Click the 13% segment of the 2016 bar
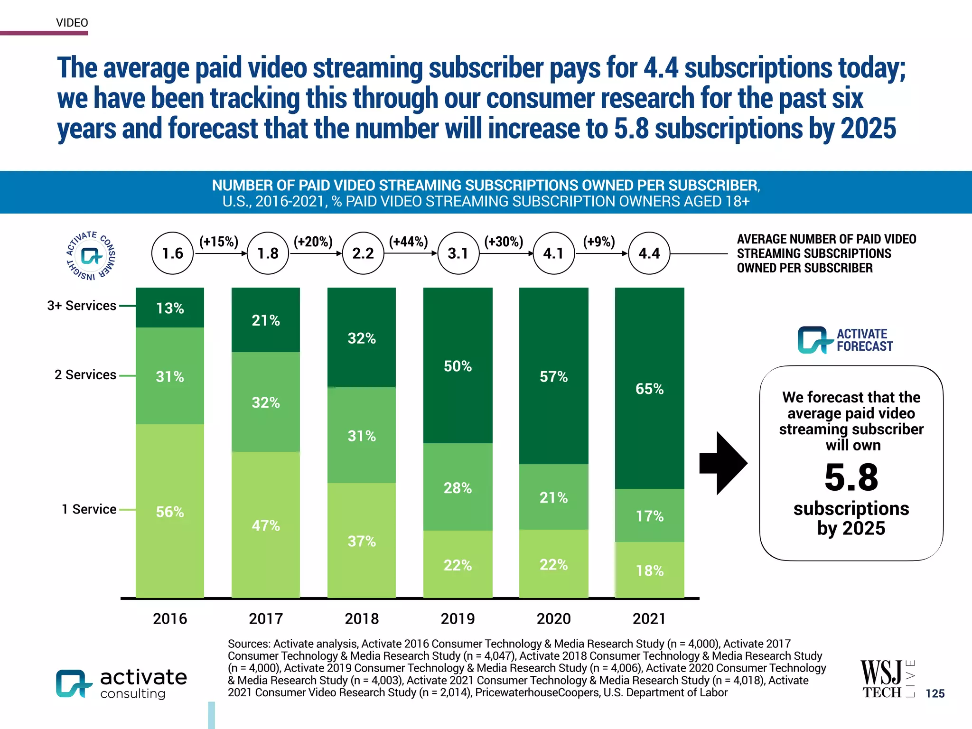(x=170, y=308)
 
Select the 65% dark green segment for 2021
(x=649, y=388)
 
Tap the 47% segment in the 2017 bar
(x=266, y=525)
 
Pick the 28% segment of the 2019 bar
(x=458, y=487)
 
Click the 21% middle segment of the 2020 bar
(x=553, y=497)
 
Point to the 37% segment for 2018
(x=362, y=541)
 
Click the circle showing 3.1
(x=458, y=253)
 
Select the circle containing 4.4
(x=649, y=253)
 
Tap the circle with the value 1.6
(x=172, y=253)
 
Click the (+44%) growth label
(x=408, y=242)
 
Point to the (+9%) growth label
(x=599, y=242)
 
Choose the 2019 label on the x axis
(x=458, y=618)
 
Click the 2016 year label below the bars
(x=170, y=618)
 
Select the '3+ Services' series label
(x=82, y=306)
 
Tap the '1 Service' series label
(x=89, y=509)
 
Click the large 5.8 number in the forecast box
(x=851, y=477)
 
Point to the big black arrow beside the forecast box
(x=723, y=463)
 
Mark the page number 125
(x=935, y=693)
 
